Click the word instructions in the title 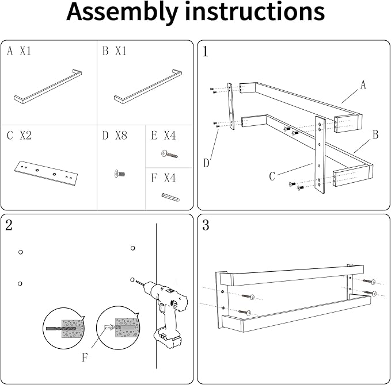255,11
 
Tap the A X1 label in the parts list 19,51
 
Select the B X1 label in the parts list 115,51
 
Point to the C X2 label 19,136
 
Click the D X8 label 115,136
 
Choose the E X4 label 164,136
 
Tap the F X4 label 164,178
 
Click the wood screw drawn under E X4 169,154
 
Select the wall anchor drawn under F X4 170,197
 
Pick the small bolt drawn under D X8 119,174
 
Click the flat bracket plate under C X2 46,173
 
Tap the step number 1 205,52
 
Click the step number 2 9,225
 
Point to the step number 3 206,225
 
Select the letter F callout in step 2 85,357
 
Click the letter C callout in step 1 272,176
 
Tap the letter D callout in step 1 206,163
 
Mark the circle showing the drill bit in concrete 64,328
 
